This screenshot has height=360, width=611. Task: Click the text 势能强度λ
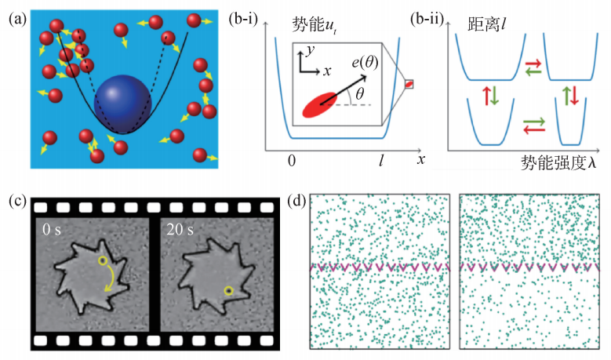point(558,162)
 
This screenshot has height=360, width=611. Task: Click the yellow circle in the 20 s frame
point(228,291)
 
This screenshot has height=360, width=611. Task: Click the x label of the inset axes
point(326,70)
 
